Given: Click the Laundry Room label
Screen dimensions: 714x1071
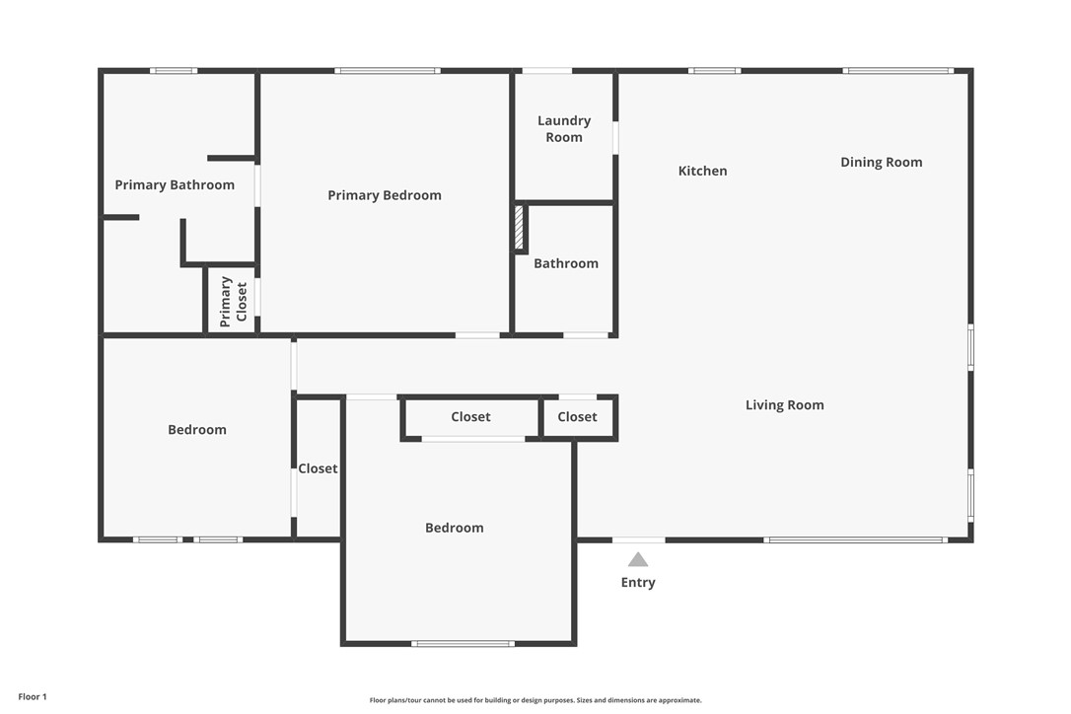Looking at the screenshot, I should coord(564,129).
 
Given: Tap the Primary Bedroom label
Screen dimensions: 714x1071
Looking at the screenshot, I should coord(385,195).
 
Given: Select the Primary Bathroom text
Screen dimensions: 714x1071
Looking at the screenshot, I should coord(175,184).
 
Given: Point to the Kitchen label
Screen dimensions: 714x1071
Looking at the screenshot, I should coord(702,171).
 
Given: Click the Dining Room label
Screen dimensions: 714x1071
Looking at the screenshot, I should coord(881,162).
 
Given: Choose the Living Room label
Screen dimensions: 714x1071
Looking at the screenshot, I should coord(784,404).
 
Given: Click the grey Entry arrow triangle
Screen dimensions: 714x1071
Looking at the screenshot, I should coord(638,560).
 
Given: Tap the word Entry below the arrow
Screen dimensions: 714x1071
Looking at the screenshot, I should coord(638,582).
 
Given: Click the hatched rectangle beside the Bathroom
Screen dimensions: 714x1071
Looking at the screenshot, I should coord(519,228).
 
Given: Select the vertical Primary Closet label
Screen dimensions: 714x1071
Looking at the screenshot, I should coord(234,301).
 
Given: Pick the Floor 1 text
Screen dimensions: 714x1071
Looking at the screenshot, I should coord(33,696).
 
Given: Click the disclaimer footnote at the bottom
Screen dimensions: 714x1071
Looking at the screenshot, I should coord(535,700).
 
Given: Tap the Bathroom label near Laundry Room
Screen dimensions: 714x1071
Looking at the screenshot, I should coord(566,263).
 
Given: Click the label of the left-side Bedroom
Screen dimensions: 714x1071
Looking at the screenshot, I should coord(197,429).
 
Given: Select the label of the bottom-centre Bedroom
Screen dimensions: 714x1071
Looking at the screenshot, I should coord(455,528).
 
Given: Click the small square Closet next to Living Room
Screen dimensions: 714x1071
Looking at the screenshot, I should coord(577,417).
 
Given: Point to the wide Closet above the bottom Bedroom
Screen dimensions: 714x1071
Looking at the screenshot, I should coord(470,417).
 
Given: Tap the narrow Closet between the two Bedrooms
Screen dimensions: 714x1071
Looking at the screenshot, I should coord(318,468).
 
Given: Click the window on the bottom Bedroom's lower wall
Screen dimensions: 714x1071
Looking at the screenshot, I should coord(463,643).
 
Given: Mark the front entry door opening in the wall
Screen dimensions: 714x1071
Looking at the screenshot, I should coord(638,539).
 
